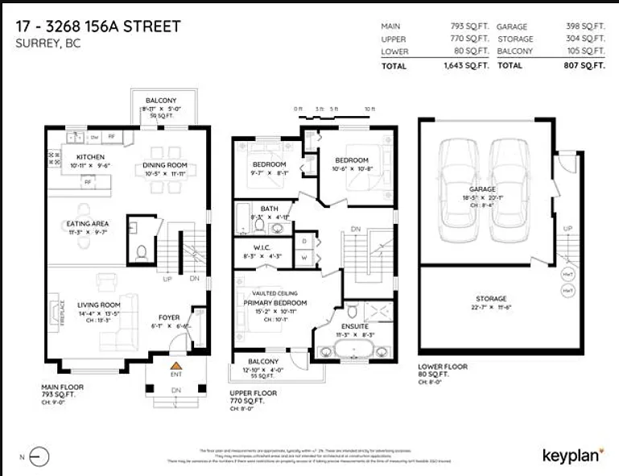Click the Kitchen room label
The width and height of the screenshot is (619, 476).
[90, 156]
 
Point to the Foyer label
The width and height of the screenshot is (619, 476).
[168, 317]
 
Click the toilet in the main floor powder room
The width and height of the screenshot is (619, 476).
[142, 251]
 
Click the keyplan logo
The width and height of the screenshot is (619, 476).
[573, 455]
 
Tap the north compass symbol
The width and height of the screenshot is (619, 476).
[37, 457]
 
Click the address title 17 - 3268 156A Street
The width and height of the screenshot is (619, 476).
[97, 27]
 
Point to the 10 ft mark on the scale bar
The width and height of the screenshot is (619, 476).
[369, 108]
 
